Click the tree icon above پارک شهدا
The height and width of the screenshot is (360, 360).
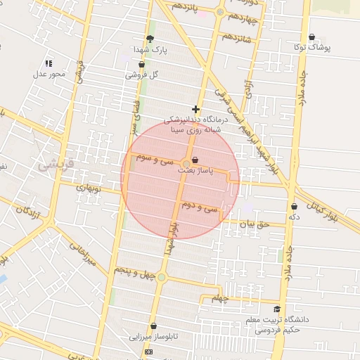pos(149,39)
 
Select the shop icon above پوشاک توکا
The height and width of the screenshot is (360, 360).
pos(311,37)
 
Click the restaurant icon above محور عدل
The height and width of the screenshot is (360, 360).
pos(49,63)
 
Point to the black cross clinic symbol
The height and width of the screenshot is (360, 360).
pos(195,110)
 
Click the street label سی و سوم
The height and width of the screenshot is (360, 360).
pos(150,159)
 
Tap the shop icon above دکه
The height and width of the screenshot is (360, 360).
pos(294,207)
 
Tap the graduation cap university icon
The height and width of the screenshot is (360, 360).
pos(276,309)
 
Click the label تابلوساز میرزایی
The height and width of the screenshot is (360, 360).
pos(153,336)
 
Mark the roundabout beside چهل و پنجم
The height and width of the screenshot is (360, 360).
pos(161,278)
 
